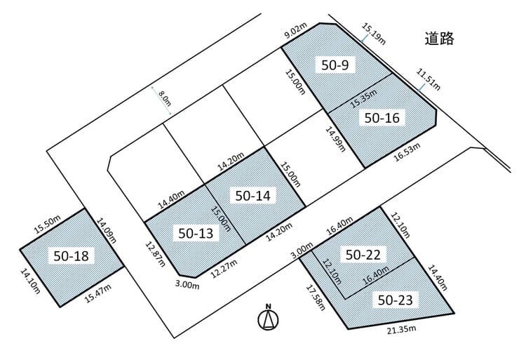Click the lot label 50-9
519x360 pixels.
[x=335, y=65]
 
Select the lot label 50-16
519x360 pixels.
[x=382, y=118]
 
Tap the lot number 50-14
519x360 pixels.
[x=253, y=195]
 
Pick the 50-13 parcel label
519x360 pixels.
[x=196, y=233]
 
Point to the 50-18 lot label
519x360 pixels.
[x=71, y=255]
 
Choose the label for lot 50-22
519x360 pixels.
[x=363, y=254]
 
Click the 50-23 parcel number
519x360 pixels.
[x=395, y=300]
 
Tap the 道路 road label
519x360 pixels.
[x=439, y=39]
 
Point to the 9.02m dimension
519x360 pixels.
[x=296, y=31]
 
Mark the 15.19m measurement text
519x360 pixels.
[x=373, y=34]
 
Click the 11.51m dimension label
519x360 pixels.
[x=429, y=79]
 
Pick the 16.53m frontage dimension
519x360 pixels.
[x=407, y=152]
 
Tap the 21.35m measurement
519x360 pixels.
[x=401, y=329]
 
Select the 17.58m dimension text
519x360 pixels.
[x=316, y=297]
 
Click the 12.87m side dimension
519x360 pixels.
[x=155, y=254]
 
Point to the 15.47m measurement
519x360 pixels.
[x=98, y=294]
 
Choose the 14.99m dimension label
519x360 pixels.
[x=335, y=139]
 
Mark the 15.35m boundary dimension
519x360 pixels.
[x=364, y=98]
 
